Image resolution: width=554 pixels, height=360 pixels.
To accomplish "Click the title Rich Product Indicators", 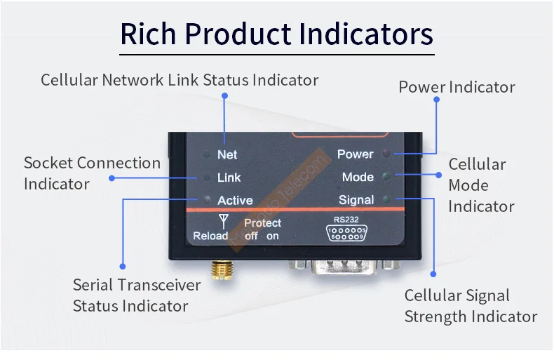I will tap(276, 34).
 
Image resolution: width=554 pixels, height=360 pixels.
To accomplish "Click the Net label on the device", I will tap(227, 154).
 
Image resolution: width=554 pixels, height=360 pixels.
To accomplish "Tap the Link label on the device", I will tap(229, 178).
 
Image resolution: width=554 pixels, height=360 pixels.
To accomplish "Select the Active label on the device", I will tap(235, 201).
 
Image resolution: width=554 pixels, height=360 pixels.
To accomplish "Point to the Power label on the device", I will tap(355, 154).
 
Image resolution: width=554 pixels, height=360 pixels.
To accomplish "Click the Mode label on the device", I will tap(358, 177).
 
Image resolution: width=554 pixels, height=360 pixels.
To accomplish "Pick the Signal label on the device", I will tap(356, 200).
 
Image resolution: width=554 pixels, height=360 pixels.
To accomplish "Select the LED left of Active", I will tap(206, 200).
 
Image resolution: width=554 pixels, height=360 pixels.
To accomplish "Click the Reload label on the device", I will tap(210, 236).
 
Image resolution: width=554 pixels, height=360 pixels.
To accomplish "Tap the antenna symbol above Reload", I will tap(224, 220).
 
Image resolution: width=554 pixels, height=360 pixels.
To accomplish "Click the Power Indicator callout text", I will tap(457, 87).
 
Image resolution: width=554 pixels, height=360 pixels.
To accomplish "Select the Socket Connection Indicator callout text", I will tap(92, 173).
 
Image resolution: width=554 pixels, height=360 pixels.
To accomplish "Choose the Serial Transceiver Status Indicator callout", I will tap(137, 295).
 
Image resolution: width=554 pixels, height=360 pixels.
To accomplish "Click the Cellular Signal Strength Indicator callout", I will tap(471, 306).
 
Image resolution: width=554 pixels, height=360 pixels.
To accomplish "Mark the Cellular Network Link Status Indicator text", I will tap(180, 79).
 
